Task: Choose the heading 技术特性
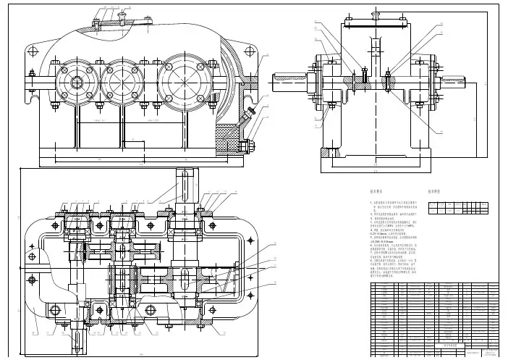click(x=436, y=192)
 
